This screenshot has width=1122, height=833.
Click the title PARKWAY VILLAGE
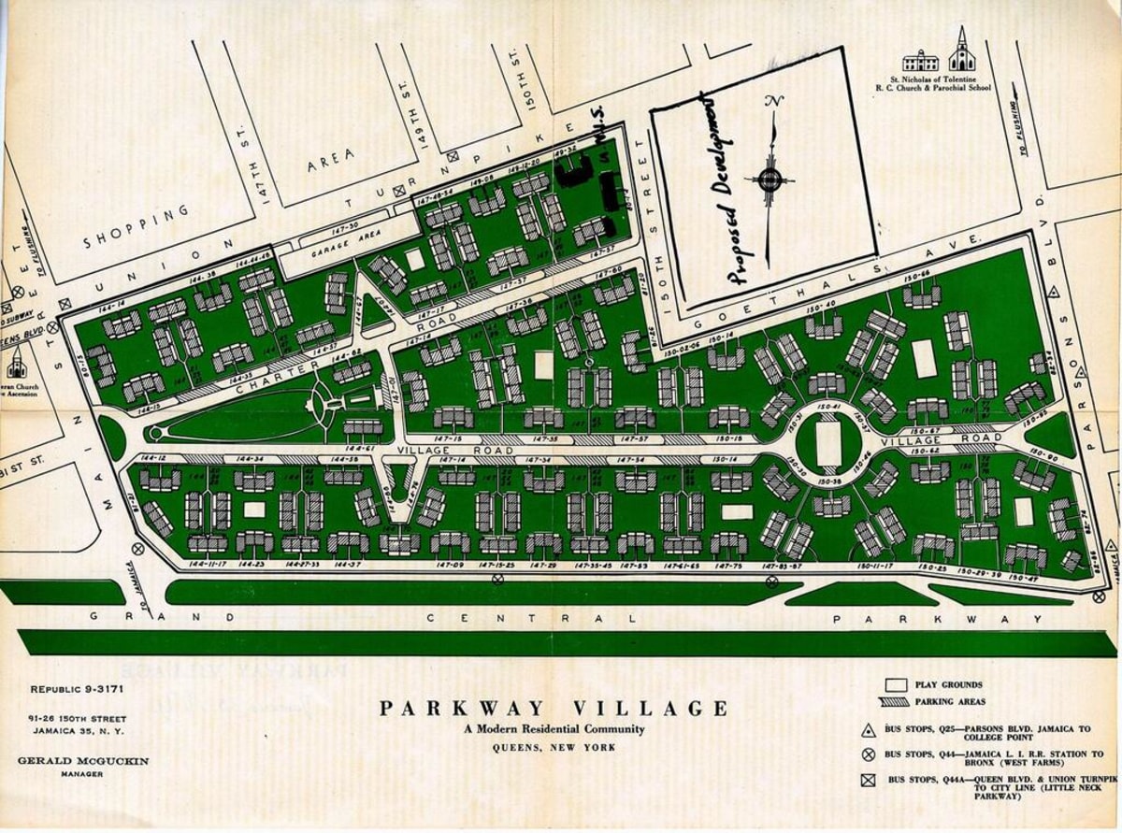coord(554,708)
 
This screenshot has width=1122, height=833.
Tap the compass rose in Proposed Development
coord(770,180)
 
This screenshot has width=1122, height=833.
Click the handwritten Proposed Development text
coord(727,187)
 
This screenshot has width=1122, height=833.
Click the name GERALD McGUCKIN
coord(82,761)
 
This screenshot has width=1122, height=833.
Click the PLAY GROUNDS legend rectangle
coord(899,685)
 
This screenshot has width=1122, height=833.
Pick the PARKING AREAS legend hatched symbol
coord(899,702)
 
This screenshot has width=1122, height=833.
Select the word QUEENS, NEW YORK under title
coord(554,746)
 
